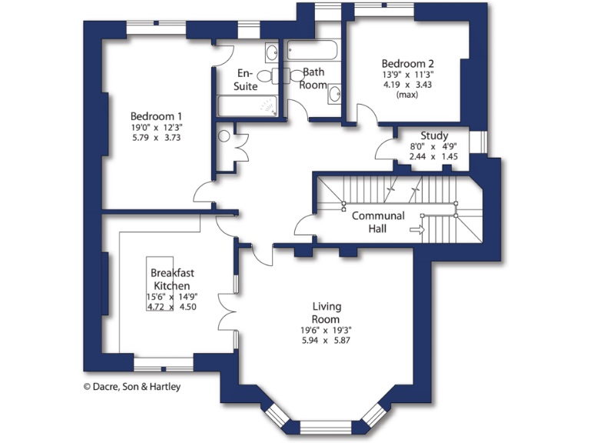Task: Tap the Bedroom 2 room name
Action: point(409,63)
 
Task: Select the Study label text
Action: point(434,135)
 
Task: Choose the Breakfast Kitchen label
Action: point(171,279)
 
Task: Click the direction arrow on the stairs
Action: point(418,228)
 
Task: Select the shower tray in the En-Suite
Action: point(248,105)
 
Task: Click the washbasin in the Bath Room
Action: point(334,95)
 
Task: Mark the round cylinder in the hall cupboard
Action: point(224,137)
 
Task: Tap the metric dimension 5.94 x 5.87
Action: point(326,340)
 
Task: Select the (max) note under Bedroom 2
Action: point(408,95)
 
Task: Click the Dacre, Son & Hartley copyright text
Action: point(132,387)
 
